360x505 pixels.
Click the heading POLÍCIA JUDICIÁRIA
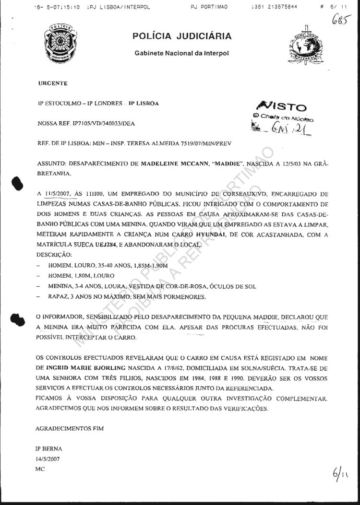coord(182,36)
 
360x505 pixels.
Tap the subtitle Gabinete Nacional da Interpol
coord(182,52)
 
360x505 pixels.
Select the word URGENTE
coord(53,83)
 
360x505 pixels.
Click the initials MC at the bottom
coord(40,468)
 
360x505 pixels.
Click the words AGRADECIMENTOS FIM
coord(70,427)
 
